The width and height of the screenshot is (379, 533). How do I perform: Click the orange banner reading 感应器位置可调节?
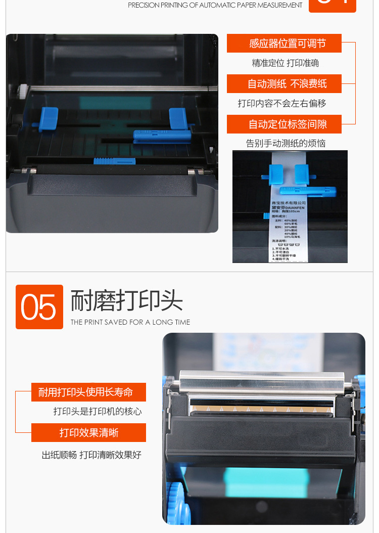pyautogui.click(x=284, y=43)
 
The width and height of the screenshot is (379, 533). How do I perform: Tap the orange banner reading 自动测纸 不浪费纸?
pyautogui.click(x=284, y=84)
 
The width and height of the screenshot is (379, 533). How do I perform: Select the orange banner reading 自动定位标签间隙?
pyautogui.click(x=284, y=124)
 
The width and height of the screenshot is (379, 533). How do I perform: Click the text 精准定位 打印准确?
pyautogui.click(x=286, y=63)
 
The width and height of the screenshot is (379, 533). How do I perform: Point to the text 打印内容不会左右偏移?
pyautogui.click(x=282, y=103)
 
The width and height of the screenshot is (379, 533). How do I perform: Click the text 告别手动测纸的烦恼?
pyautogui.click(x=286, y=143)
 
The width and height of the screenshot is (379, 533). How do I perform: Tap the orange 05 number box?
pyautogui.click(x=39, y=307)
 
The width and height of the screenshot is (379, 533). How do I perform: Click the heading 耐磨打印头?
pyautogui.click(x=126, y=301)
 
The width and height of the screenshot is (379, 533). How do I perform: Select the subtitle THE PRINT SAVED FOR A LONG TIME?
pyautogui.click(x=130, y=322)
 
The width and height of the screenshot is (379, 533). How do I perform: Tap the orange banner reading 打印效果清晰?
pyautogui.click(x=88, y=433)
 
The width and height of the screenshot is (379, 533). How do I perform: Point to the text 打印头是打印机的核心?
pyautogui.click(x=98, y=412)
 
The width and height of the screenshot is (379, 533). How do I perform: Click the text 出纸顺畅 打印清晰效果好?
pyautogui.click(x=91, y=455)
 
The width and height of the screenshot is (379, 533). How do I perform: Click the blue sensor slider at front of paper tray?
pyautogui.click(x=114, y=161)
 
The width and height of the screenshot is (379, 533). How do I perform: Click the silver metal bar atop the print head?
pyautogui.click(x=262, y=382)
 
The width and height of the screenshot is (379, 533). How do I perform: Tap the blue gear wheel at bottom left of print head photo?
pyautogui.click(x=177, y=501)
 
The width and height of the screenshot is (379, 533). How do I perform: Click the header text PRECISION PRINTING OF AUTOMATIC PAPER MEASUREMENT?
pyautogui.click(x=215, y=5)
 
